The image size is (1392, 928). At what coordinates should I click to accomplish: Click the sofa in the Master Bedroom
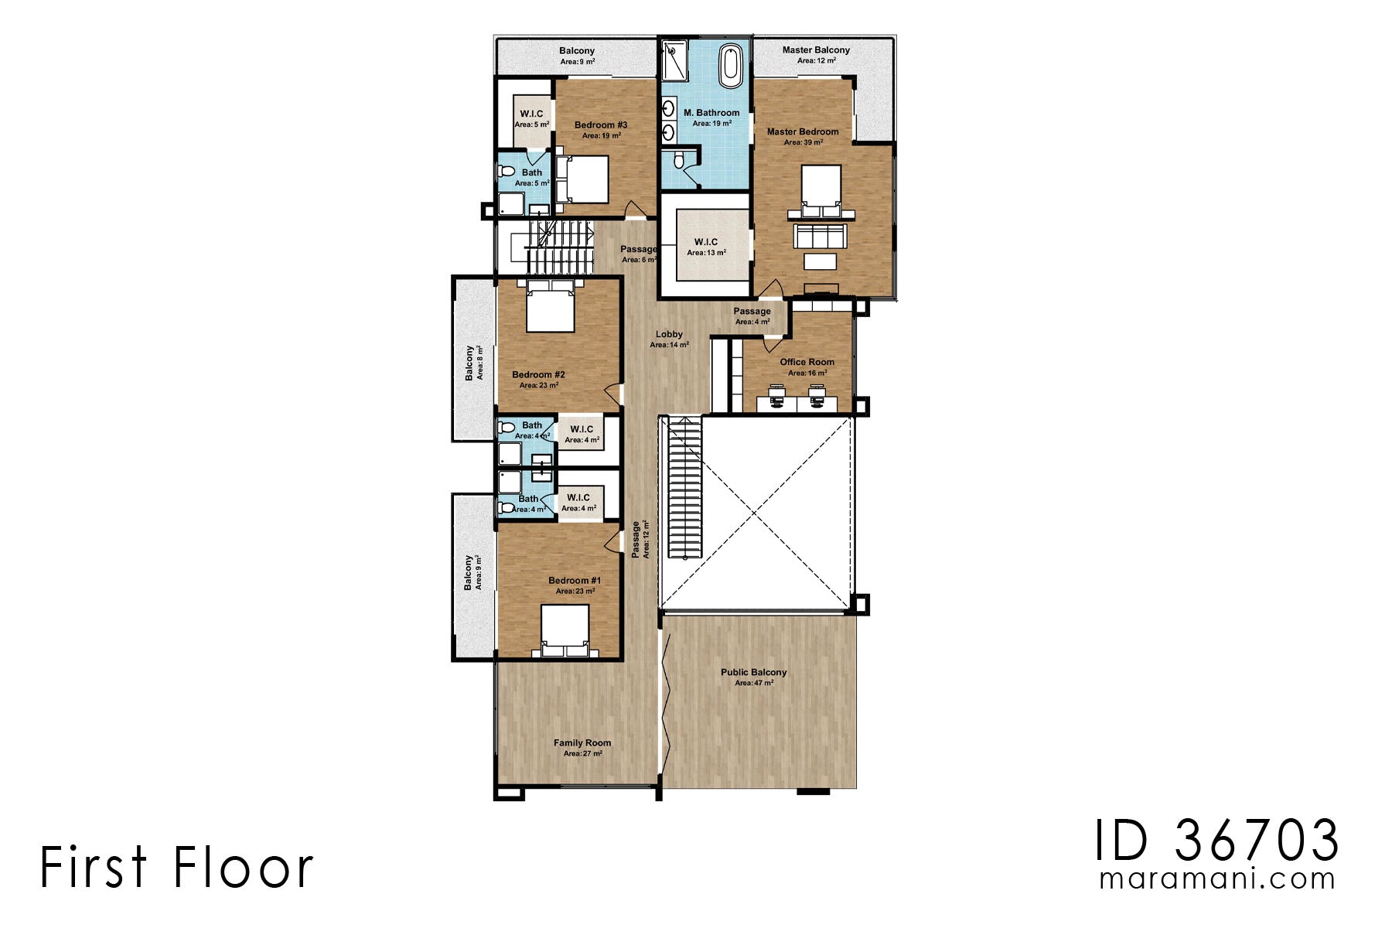(x=821, y=235)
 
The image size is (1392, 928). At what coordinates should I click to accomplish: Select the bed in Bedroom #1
(x=564, y=630)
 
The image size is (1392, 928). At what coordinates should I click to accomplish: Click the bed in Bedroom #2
(x=550, y=306)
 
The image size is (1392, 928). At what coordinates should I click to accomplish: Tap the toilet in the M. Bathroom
(x=679, y=160)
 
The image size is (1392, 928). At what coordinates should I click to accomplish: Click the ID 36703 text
(x=1216, y=841)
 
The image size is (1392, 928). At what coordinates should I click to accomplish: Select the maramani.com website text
(x=1217, y=879)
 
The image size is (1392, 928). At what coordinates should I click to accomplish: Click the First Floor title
(x=176, y=867)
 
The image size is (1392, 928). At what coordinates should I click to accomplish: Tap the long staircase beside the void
(x=684, y=487)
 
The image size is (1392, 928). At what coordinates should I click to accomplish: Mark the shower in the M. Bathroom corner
(x=674, y=61)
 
